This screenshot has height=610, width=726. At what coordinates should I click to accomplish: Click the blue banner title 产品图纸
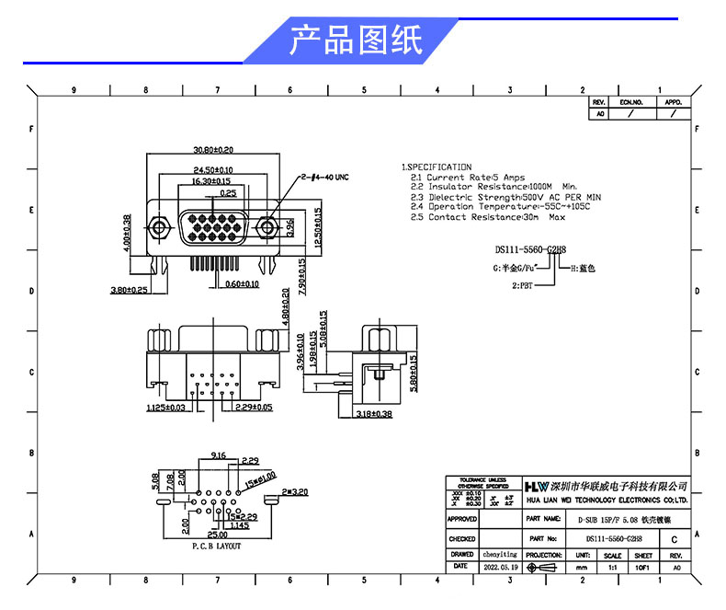pyautogui.click(x=357, y=41)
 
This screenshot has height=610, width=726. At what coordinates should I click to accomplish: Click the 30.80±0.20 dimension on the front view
pyautogui.click(x=213, y=149)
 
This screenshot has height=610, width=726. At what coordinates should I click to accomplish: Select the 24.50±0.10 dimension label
pyautogui.click(x=213, y=170)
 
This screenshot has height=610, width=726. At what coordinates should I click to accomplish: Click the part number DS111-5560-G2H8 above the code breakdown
pyautogui.click(x=531, y=249)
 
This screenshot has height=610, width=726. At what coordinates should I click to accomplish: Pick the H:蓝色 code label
pyautogui.click(x=584, y=269)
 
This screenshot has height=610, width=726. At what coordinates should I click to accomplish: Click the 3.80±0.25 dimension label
pyautogui.click(x=130, y=290)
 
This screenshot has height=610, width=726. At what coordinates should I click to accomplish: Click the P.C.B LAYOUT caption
pyautogui.click(x=216, y=546)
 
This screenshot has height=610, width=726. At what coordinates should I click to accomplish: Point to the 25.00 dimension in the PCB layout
pyautogui.click(x=218, y=535)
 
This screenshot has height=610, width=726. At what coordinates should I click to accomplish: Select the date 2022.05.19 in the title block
pyautogui.click(x=500, y=568)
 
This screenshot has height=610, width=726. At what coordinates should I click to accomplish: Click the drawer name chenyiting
pyautogui.click(x=500, y=555)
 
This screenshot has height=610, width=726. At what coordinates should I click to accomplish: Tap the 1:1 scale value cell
pyautogui.click(x=611, y=568)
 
